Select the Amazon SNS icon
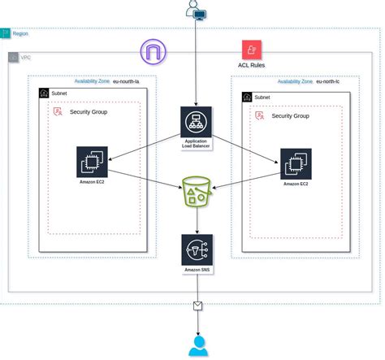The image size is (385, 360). pos(196,249)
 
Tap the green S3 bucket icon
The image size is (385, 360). pos(196,190)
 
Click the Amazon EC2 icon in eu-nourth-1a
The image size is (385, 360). pos(92,162)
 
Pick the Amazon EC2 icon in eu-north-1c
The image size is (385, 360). pos(296,163)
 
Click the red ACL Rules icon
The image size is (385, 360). pos(250,49)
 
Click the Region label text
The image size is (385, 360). pos(20,34)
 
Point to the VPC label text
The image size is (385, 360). pos(26,59)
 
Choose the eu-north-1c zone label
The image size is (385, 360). pos(333,81)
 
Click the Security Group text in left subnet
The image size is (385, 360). pos(91,111)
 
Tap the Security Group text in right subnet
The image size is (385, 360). pos(290,116)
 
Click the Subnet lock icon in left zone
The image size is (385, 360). pos(44,93)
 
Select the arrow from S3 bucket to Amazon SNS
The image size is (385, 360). pos(196,219)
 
